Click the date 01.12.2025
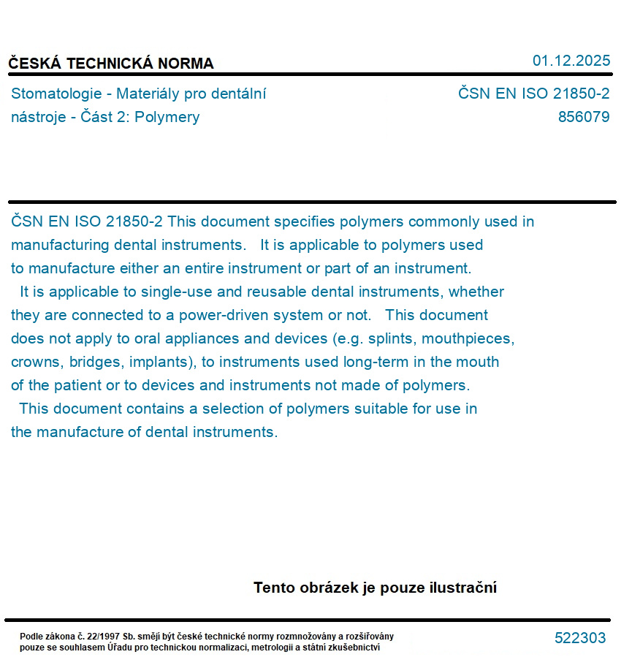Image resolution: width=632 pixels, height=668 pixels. [x=571, y=61]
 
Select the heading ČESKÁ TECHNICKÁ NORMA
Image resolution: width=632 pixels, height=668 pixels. [x=111, y=64]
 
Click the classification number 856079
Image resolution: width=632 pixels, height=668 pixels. [x=583, y=117]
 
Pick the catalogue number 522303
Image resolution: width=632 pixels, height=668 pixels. [x=580, y=638]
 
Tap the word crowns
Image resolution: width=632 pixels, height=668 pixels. [x=34, y=363]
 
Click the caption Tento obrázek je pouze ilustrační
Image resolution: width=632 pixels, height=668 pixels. [x=375, y=588]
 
